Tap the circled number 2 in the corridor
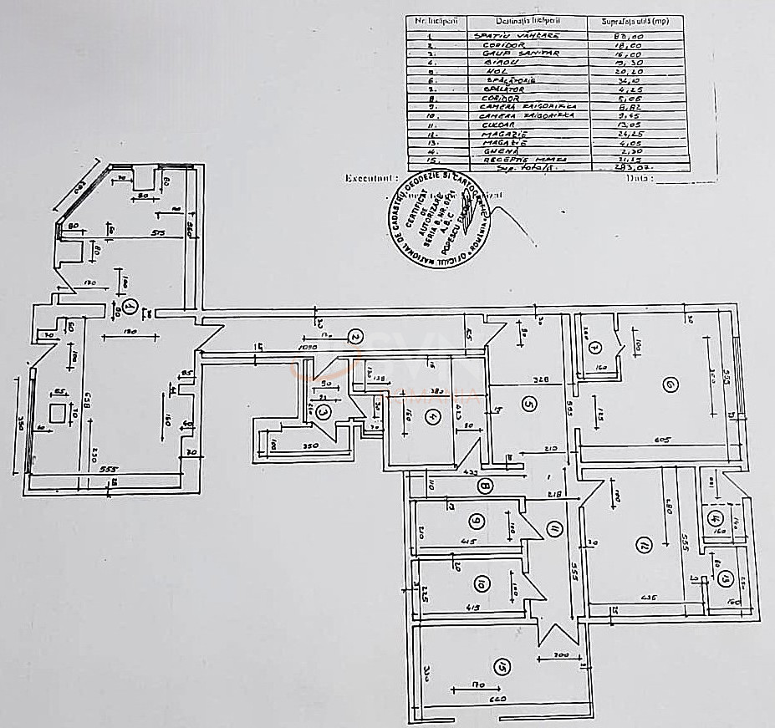354,337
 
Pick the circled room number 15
502,666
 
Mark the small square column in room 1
59,413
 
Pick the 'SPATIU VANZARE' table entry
507,35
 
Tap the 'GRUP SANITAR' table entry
507,53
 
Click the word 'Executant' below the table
367,178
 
